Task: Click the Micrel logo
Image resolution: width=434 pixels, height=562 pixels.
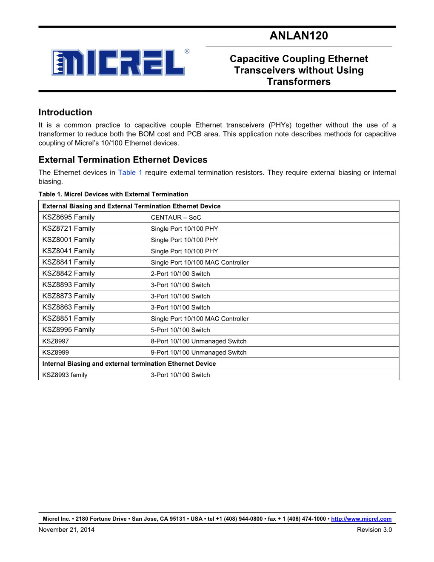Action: [118, 63]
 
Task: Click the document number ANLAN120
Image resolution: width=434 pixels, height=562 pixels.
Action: [299, 36]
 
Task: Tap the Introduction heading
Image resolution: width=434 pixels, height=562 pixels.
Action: [65, 112]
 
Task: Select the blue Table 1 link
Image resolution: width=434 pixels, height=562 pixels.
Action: [130, 172]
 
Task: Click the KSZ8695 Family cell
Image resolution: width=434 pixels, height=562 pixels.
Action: [69, 217]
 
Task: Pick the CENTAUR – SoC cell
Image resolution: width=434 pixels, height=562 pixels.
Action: [176, 218]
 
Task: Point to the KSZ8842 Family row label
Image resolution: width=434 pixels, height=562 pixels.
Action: [69, 273]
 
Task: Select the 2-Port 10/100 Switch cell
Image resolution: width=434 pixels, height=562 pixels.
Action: [180, 274]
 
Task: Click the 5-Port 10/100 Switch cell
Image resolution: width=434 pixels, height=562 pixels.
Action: [180, 330]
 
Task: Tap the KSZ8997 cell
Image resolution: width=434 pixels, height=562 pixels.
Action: [55, 341]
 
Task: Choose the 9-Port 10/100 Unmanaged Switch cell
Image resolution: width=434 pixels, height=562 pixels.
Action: [199, 353]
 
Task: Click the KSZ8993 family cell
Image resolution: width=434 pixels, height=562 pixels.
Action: [65, 375]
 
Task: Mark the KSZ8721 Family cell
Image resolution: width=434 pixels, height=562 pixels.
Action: [69, 229]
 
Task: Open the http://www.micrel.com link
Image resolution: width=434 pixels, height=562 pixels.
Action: [361, 519]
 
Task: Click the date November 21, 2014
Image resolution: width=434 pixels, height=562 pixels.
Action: [66, 530]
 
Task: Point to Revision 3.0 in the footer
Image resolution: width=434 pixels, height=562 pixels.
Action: [374, 530]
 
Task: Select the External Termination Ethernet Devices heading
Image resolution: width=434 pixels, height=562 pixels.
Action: [123, 160]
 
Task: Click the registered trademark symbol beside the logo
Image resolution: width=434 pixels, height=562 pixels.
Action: [187, 52]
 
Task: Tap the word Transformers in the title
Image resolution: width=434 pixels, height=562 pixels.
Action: [299, 82]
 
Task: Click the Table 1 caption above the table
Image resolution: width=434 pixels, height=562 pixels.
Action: [113, 194]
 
